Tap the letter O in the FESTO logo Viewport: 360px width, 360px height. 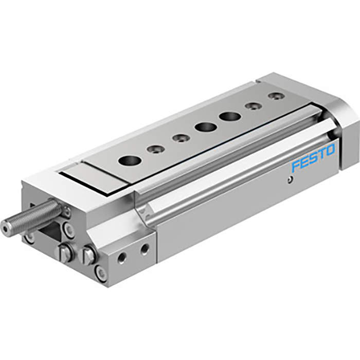329,151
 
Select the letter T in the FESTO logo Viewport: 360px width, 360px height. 321,154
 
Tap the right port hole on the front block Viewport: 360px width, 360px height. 145,248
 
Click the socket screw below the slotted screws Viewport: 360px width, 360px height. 102,273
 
